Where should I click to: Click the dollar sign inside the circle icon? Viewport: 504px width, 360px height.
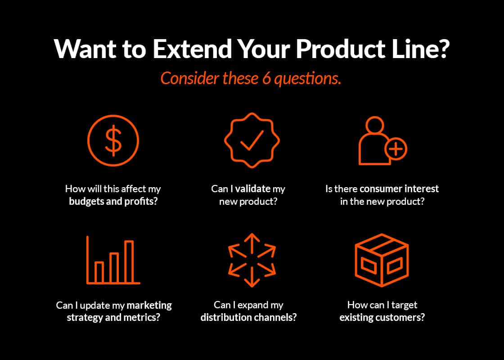pyautogui.click(x=113, y=141)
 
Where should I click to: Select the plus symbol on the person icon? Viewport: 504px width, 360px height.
pyautogui.click(x=396, y=148)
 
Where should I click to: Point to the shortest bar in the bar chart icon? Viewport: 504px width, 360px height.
pyautogui.click(x=99, y=271)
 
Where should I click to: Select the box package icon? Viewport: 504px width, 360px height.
pyautogui.click(x=382, y=260)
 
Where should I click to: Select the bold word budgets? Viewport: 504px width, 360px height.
pyautogui.click(x=86, y=201)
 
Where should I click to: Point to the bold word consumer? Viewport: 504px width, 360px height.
pyautogui.click(x=384, y=189)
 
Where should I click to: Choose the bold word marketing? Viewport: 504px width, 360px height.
pyautogui.click(x=149, y=305)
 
